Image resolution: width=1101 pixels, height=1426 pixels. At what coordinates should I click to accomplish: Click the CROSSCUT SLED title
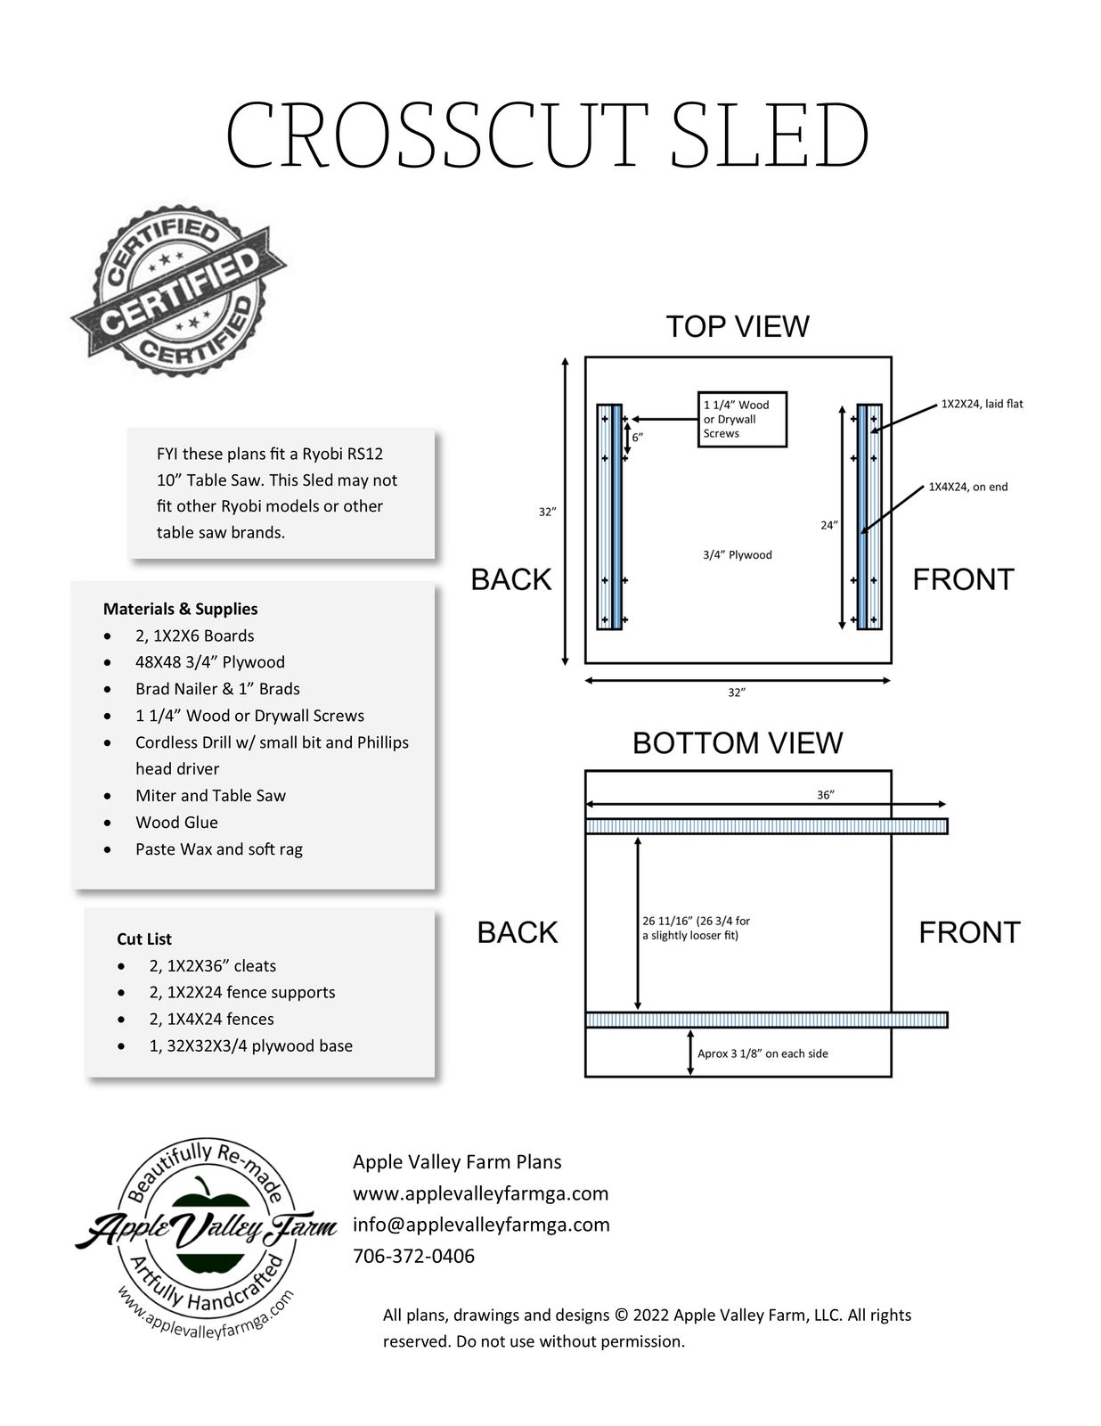point(548,135)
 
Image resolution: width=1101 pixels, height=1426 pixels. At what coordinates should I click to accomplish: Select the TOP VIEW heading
point(738,327)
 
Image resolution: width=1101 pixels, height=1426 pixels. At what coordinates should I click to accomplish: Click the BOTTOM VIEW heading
point(738,743)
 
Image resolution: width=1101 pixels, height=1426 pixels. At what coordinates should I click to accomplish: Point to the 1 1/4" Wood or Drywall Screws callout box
point(741,419)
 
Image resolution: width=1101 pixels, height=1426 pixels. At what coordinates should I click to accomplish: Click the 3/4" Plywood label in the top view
point(737,555)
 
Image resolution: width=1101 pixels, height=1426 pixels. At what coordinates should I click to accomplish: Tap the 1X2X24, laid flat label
point(982,404)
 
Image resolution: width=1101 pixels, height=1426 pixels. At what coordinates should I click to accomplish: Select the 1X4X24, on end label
point(968,487)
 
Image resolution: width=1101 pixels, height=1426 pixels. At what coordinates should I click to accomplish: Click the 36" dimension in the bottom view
point(826,795)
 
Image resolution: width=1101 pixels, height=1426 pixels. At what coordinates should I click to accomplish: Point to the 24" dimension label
point(828,525)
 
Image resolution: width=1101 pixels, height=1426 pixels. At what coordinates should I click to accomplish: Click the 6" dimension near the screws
point(638,438)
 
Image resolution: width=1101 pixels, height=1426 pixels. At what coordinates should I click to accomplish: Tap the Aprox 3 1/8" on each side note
point(763,1053)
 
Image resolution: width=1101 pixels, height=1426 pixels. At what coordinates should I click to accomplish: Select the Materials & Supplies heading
point(181,609)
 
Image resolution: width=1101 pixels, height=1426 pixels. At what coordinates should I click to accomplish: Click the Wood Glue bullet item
point(176,822)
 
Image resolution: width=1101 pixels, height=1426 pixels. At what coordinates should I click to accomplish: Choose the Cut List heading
point(144,938)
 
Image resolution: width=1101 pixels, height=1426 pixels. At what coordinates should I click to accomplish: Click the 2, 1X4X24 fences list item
point(211,1019)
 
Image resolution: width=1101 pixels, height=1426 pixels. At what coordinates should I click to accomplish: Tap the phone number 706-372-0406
point(414,1256)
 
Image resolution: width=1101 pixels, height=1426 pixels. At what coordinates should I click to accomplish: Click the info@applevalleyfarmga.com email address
point(481,1225)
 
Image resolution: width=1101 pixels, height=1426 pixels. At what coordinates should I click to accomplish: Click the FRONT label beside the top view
point(963,579)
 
